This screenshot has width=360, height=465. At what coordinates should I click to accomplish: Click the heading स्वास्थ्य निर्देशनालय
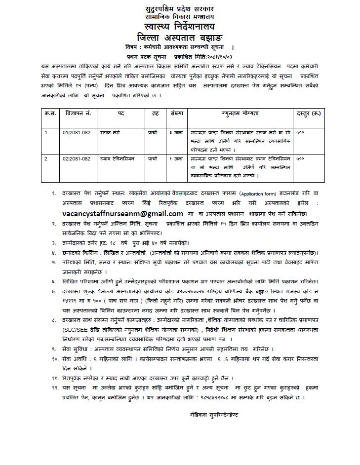tap(180, 26)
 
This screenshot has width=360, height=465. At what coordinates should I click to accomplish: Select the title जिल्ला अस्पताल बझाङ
tap(180, 38)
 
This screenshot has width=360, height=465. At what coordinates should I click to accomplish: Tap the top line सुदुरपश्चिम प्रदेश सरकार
tap(180, 9)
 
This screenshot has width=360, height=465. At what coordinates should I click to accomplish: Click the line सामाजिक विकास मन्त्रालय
tap(180, 16)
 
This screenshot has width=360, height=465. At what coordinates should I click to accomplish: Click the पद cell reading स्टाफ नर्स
tap(110, 133)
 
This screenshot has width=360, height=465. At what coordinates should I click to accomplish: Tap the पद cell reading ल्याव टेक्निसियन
tap(118, 159)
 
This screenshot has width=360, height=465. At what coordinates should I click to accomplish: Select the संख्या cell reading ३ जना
tap(176, 133)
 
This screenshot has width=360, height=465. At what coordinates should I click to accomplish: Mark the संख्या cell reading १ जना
tap(176, 159)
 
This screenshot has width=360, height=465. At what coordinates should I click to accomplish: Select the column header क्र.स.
tap(50, 113)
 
